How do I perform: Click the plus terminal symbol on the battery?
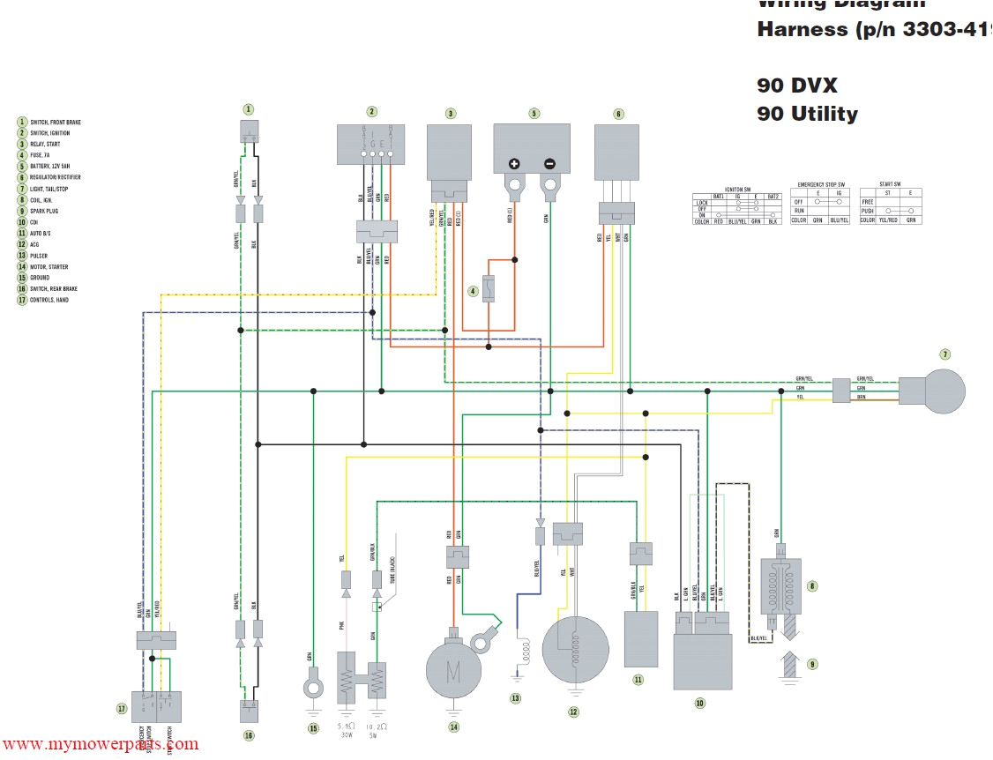(x=515, y=164)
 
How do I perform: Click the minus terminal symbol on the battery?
(x=549, y=164)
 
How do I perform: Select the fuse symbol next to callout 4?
(x=488, y=290)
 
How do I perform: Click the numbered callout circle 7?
(x=944, y=354)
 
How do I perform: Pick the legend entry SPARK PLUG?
(x=48, y=211)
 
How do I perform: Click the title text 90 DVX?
(x=796, y=86)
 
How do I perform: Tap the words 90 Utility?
(x=807, y=114)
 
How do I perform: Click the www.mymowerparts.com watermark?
(x=100, y=745)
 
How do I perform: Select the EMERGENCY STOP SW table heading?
(x=820, y=184)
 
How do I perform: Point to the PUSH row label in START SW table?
(x=868, y=212)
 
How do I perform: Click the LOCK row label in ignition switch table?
(x=702, y=202)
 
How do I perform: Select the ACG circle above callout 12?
(x=575, y=650)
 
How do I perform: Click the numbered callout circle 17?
(x=121, y=708)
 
